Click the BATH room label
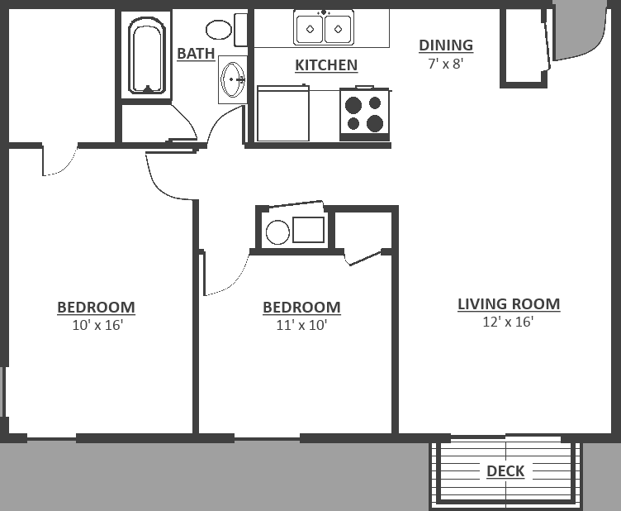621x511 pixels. pyautogui.click(x=196, y=54)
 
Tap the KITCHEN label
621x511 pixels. pyautogui.click(x=326, y=65)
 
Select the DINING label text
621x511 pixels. pyautogui.click(x=446, y=45)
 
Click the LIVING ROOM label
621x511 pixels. pyautogui.click(x=509, y=304)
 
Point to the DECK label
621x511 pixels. pyautogui.click(x=505, y=471)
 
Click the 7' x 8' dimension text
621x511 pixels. pyautogui.click(x=446, y=64)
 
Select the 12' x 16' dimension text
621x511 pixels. pyautogui.click(x=508, y=322)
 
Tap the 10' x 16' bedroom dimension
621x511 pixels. pyautogui.click(x=97, y=325)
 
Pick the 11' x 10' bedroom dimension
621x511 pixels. pyautogui.click(x=301, y=325)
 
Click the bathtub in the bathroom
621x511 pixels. pyautogui.click(x=147, y=55)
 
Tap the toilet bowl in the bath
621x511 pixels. pyautogui.click(x=219, y=30)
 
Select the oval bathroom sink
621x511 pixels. pyautogui.click(x=233, y=79)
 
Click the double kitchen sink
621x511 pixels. pyautogui.click(x=324, y=28)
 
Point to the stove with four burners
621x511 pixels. pyautogui.click(x=364, y=114)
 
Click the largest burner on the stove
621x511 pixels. pyautogui.click(x=375, y=123)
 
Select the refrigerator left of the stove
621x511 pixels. pyautogui.click(x=282, y=113)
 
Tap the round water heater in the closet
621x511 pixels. pyautogui.click(x=277, y=232)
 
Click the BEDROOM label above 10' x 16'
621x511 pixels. pyautogui.click(x=97, y=308)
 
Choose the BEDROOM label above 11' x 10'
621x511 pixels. pyautogui.click(x=301, y=308)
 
